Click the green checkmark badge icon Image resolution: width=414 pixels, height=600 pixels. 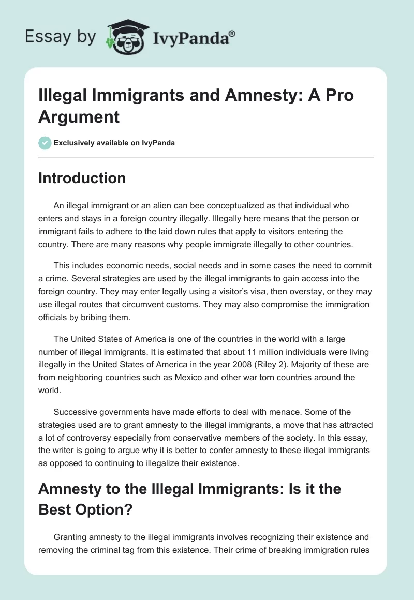click(45, 143)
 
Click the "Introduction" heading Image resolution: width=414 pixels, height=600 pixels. click(82, 178)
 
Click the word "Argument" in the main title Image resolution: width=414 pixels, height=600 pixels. click(79, 116)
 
